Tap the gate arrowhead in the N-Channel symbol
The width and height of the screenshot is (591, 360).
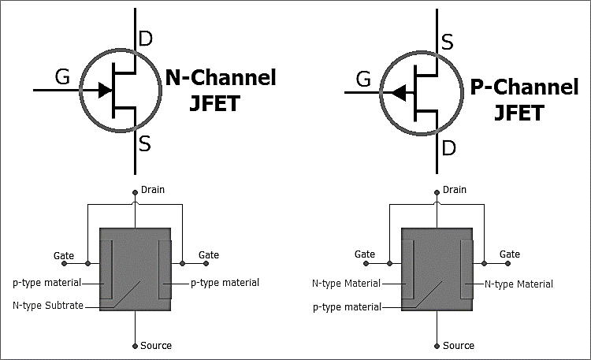(x=105, y=90)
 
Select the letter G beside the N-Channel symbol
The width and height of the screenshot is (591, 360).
(x=62, y=77)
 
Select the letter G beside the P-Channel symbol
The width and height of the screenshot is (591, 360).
(x=364, y=79)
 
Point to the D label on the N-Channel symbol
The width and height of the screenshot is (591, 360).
(x=145, y=38)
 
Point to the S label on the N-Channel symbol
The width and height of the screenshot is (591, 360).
(x=145, y=144)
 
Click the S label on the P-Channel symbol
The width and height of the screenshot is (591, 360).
(x=447, y=42)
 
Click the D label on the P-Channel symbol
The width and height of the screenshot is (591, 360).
(x=448, y=147)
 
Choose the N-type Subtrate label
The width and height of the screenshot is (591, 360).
(x=48, y=305)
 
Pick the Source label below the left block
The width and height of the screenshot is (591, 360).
(x=155, y=345)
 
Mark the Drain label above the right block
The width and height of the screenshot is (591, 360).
(x=455, y=190)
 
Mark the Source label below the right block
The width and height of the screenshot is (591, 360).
(x=458, y=345)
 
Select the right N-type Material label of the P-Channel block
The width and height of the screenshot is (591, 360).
(x=519, y=284)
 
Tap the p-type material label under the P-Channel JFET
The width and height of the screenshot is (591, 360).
(x=347, y=307)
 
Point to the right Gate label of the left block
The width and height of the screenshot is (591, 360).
(x=209, y=255)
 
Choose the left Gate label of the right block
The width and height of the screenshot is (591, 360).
(x=365, y=254)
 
